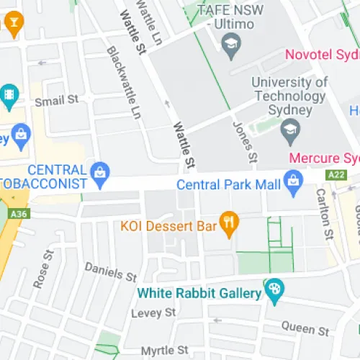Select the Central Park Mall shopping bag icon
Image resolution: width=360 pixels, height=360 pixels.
(293, 184)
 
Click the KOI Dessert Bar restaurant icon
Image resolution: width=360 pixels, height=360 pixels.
(229, 225)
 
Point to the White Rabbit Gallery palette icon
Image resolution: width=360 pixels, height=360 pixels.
(274, 292)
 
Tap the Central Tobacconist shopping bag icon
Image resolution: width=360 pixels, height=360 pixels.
(100, 171)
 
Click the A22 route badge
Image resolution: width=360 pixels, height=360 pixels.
(336, 174)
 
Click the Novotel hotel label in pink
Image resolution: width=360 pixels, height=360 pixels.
(322, 55)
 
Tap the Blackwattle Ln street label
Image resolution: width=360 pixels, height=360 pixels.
(123, 82)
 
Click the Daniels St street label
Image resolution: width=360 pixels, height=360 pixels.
(110, 271)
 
